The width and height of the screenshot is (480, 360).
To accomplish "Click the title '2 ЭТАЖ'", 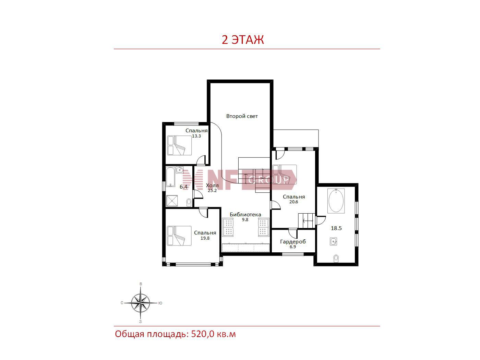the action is click(242, 40).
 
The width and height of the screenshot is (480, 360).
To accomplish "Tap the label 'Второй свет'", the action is click(242, 116).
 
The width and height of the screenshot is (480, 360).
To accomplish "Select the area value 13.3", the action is click(196, 136).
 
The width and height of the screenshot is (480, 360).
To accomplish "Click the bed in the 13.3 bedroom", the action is click(179, 145).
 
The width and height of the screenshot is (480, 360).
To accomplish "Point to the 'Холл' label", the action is click(212, 185).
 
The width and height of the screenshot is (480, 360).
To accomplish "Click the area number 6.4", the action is click(183, 187).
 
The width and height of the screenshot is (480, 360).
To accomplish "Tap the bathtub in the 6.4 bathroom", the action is click(170, 177).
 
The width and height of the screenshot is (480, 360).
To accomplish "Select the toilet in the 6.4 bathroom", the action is click(189, 202).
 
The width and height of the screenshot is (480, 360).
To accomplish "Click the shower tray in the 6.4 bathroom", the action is click(172, 201).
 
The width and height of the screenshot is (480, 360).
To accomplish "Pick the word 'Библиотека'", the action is click(245, 215).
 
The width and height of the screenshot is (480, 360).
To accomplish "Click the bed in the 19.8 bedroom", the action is click(179, 236).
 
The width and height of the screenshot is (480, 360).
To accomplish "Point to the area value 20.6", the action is click(293, 202).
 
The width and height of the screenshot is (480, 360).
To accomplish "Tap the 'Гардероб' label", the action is click(293, 242).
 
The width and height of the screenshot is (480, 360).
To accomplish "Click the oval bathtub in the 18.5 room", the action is click(336, 201).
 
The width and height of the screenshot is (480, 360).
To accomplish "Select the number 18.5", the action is click(336, 228).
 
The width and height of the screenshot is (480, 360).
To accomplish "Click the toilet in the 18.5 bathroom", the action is click(336, 259).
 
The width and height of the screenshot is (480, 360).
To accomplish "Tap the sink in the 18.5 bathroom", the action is click(333, 242).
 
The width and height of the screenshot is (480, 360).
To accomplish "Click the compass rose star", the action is click(140, 303).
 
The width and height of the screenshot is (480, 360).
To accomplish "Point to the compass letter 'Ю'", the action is click(160, 303).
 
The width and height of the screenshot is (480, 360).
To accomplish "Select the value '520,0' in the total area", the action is click(203, 334).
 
